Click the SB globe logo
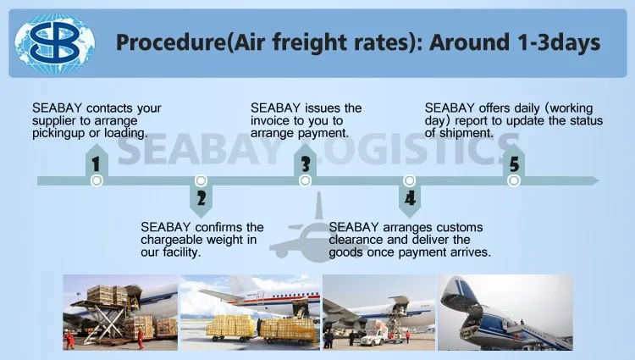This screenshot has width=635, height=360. pyautogui.click(x=55, y=43)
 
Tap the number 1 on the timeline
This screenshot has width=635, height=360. pyautogui.click(x=96, y=164)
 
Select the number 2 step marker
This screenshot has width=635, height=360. pyautogui.click(x=202, y=198)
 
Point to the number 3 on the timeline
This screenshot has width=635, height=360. pyautogui.click(x=306, y=164)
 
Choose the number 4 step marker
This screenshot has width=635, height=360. pyautogui.click(x=410, y=198)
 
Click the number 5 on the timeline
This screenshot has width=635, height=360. pyautogui.click(x=514, y=164)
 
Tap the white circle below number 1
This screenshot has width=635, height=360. pyautogui.click(x=97, y=180)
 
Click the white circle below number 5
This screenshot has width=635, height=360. pyautogui.click(x=514, y=180)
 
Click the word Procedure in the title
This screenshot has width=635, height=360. pyautogui.click(x=169, y=42)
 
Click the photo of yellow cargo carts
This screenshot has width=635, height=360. pyautogui.click(x=251, y=313)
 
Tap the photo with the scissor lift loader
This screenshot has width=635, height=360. pyautogui.click(x=120, y=313)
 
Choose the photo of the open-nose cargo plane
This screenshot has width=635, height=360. pyautogui.click(x=505, y=313)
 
